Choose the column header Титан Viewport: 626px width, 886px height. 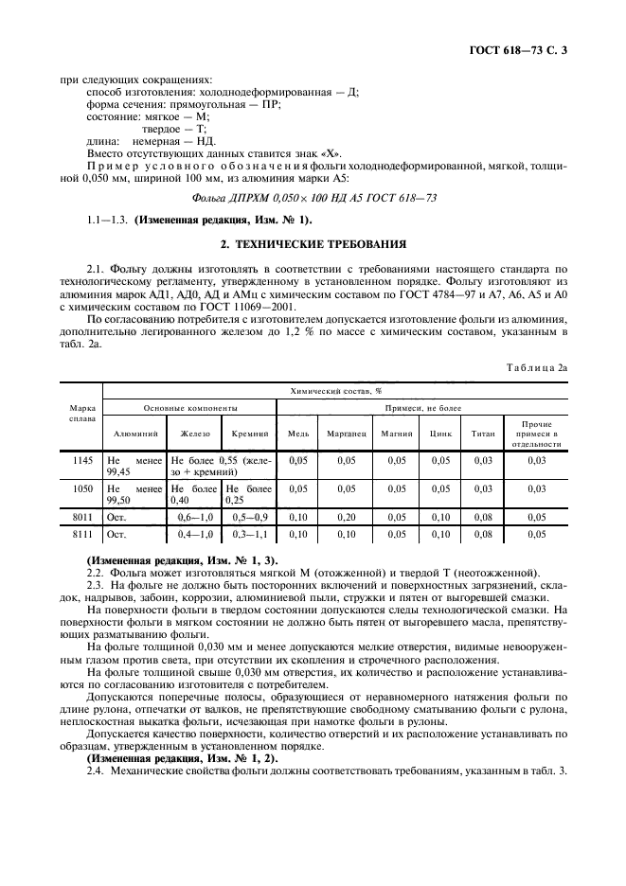tap(483, 433)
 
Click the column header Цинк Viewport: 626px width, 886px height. tap(440, 433)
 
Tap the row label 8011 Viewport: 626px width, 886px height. tap(81, 519)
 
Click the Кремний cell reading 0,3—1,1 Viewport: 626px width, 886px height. tap(250, 535)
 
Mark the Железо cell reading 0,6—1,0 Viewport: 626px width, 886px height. tap(197, 519)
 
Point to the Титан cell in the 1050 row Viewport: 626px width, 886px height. tap(483, 489)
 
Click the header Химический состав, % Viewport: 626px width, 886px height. tap(331, 389)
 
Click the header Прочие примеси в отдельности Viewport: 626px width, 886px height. tap(537, 433)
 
